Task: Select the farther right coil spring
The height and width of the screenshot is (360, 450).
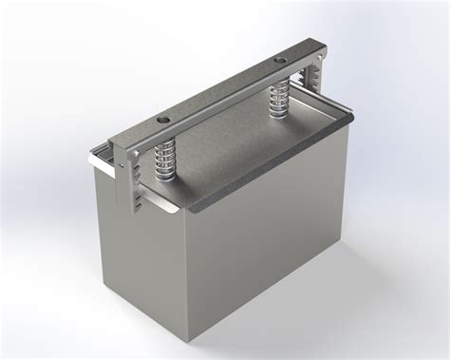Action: tap(279, 98)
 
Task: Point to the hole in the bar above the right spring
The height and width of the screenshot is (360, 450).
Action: tap(279, 62)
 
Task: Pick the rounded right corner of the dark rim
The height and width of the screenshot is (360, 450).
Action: tap(350, 117)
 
